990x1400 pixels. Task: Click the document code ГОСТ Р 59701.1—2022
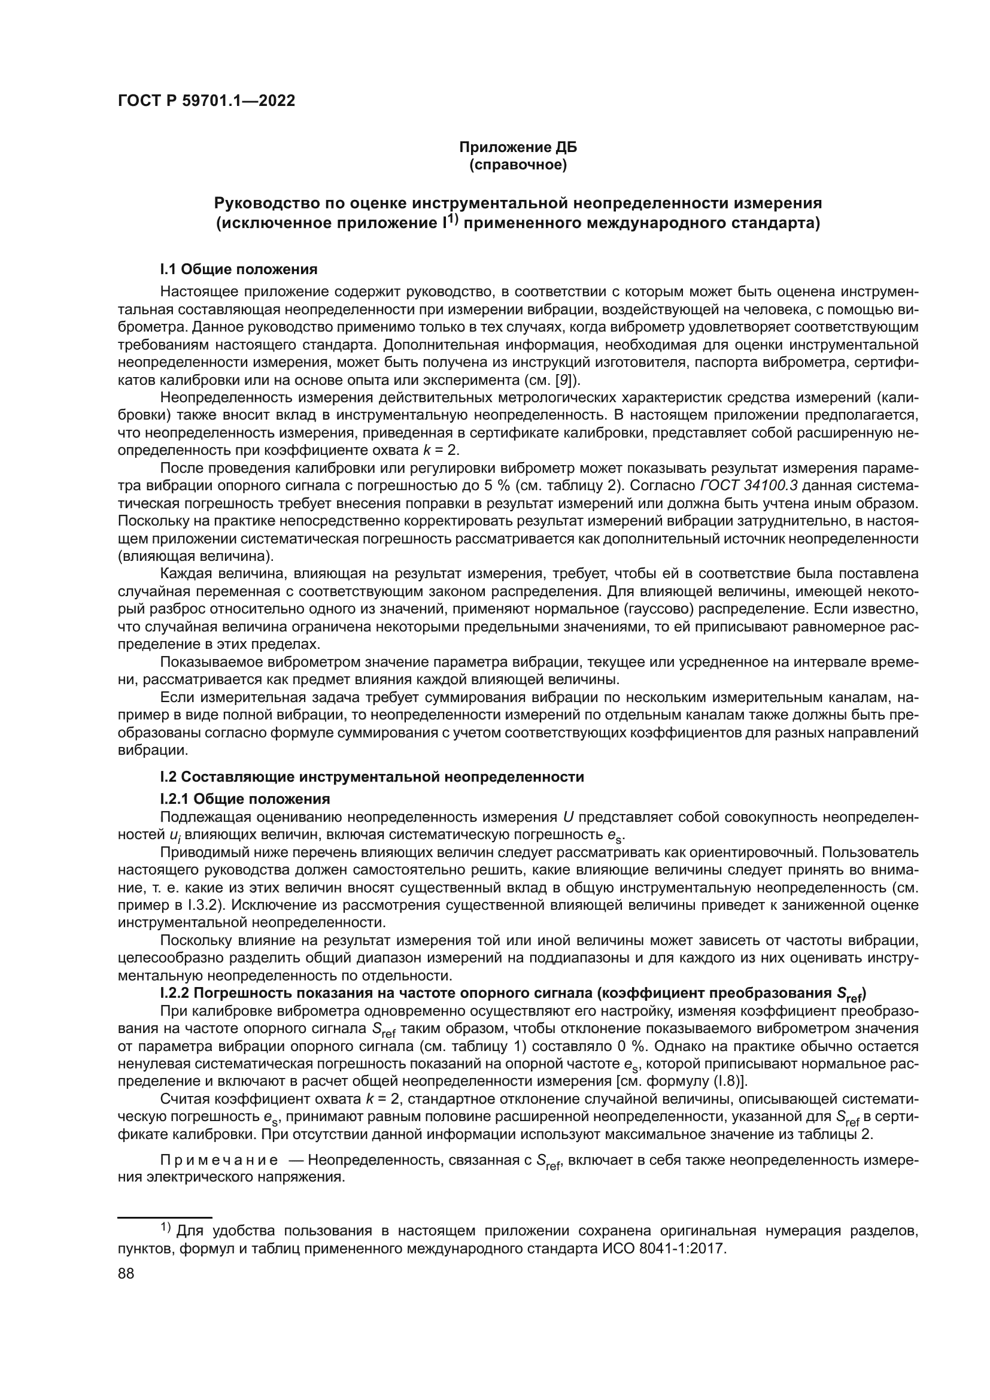point(206,101)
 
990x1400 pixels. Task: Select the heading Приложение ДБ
point(518,148)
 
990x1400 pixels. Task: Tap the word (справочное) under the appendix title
point(518,165)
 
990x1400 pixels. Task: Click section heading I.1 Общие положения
point(238,269)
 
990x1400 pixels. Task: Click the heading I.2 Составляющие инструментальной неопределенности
point(372,777)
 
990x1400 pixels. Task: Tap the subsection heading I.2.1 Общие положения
point(245,800)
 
